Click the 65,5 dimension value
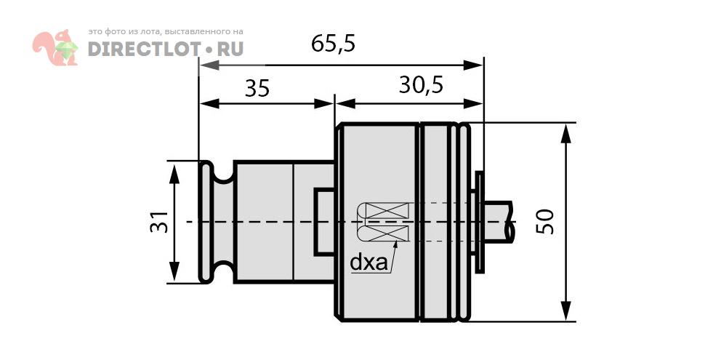click(x=333, y=44)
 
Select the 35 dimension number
click(x=257, y=89)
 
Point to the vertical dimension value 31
click(x=159, y=221)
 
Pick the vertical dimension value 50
click(x=545, y=221)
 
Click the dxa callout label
click(x=368, y=262)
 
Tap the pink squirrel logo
click(x=55, y=47)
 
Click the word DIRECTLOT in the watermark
click(x=145, y=49)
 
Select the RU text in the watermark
click(x=230, y=49)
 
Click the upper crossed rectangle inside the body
click(x=386, y=210)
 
